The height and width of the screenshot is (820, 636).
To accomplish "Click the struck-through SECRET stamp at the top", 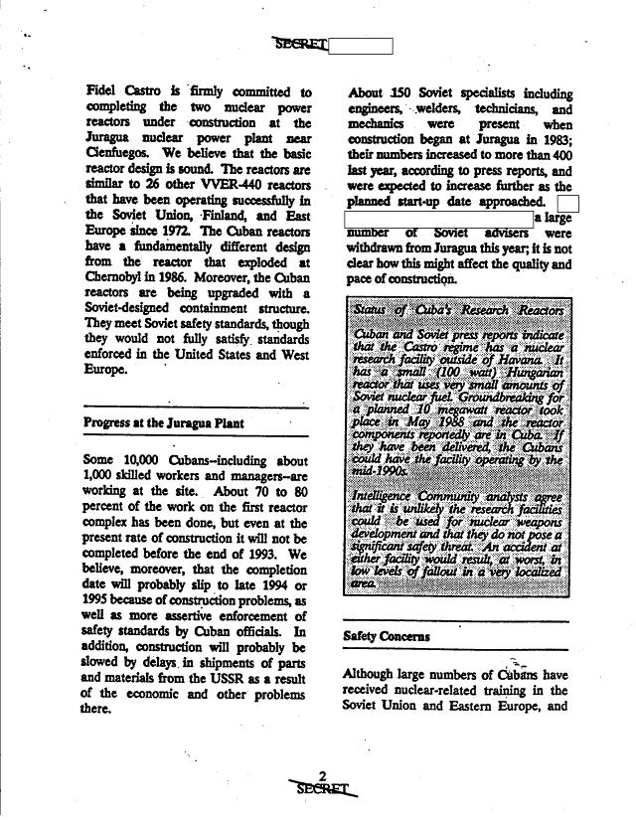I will tap(298, 44).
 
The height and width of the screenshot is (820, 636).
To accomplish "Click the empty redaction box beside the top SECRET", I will tap(360, 46).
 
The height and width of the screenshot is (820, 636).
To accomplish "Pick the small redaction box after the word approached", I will tap(569, 202).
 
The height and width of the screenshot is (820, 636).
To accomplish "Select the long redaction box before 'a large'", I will tap(438, 217).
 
